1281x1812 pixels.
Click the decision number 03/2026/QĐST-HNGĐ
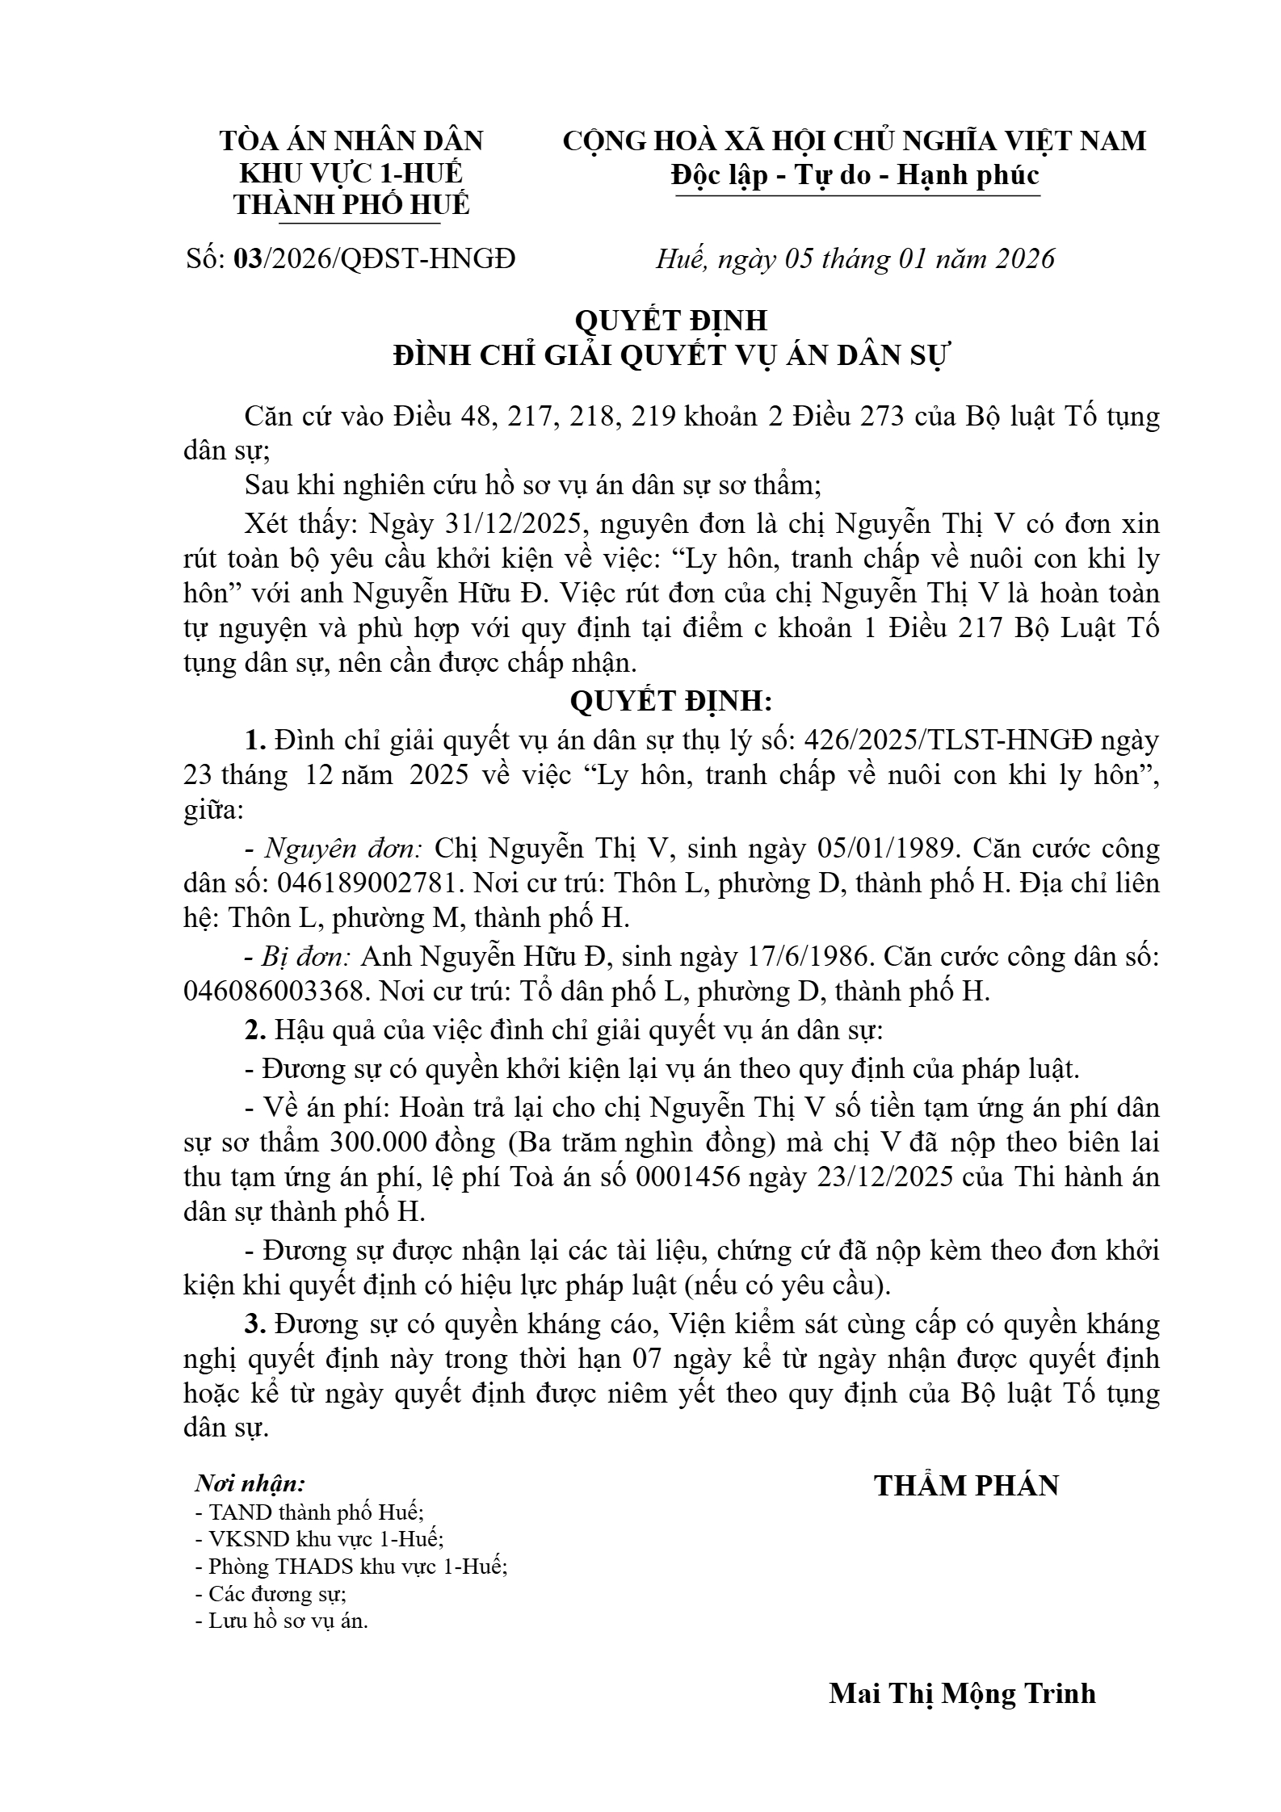tap(373, 258)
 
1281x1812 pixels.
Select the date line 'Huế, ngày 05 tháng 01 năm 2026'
tap(855, 258)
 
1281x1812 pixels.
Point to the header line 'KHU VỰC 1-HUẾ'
tap(351, 174)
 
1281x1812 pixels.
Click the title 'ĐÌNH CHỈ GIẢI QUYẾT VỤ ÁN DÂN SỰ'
tap(670, 355)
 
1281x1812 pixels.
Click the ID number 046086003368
tap(272, 991)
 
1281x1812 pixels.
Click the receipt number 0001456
tap(688, 1177)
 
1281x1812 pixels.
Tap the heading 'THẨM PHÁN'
tap(966, 1485)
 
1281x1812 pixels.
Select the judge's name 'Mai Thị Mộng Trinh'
tap(962, 1693)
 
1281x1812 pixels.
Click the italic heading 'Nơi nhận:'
tap(250, 1483)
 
